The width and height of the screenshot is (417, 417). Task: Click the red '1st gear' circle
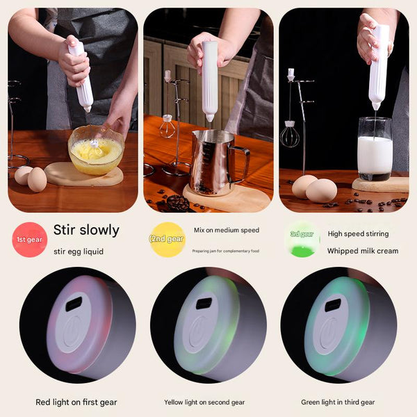29,240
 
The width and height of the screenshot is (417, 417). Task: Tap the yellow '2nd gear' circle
167,240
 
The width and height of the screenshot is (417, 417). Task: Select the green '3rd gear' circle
302,240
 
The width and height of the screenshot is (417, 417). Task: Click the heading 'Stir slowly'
86,230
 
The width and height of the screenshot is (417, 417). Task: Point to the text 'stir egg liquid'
79,251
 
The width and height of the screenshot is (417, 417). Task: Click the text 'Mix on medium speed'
226,229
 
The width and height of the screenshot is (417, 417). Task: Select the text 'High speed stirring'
358,234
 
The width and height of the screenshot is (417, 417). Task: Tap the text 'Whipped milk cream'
363,251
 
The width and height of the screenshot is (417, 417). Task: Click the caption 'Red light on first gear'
76,402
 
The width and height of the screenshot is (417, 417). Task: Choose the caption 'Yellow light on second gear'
204,402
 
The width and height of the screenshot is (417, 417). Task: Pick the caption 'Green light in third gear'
338,402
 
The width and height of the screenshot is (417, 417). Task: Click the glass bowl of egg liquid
96,150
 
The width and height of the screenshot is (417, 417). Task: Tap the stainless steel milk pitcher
214,162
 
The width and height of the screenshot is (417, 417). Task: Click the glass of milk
375,148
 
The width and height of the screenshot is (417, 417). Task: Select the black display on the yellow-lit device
204,303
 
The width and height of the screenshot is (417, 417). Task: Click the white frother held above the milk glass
378,66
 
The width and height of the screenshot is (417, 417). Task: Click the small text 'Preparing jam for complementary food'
226,251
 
